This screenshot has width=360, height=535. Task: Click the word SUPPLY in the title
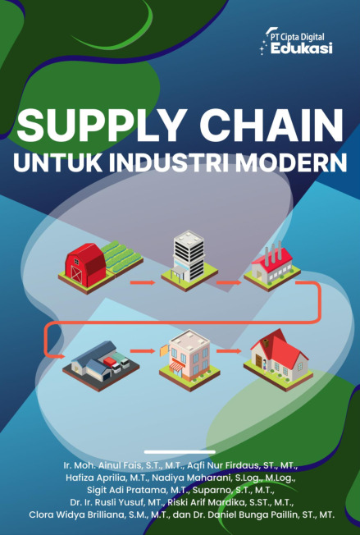101,126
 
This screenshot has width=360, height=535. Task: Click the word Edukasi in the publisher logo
301,48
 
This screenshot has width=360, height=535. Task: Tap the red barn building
86,265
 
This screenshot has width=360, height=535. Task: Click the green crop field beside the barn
124,256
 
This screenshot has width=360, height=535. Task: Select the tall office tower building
189,256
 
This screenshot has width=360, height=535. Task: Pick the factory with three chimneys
272,266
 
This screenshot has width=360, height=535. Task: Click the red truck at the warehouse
112,364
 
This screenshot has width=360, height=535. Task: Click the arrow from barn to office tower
143,282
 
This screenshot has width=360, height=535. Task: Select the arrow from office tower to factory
229,282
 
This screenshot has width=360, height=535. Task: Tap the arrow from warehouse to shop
143,351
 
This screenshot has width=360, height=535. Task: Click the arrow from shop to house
229,351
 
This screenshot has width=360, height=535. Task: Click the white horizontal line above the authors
180,452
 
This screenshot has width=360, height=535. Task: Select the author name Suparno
212,491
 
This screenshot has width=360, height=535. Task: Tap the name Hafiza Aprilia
93,478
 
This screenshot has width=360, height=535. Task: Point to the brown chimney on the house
266,341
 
